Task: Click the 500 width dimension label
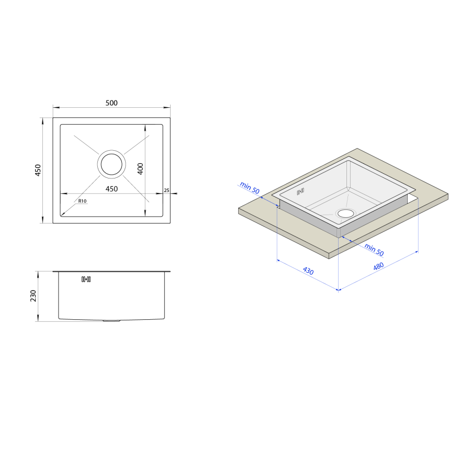point(111,103)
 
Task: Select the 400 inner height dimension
point(140,169)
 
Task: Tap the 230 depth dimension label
point(33,296)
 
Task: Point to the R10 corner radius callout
point(82,201)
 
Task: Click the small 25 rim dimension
point(167,190)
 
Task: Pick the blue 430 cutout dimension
point(308,271)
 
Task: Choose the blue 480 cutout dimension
point(378,266)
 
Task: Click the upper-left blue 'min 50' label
point(250,188)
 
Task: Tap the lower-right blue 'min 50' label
point(374,250)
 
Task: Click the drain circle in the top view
point(111,164)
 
